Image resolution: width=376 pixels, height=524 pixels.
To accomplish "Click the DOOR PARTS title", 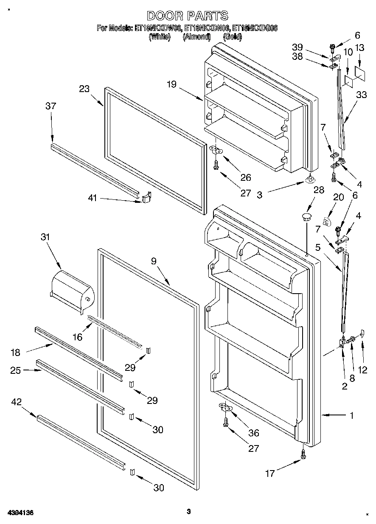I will pos(188,16).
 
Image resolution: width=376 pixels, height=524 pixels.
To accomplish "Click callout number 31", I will pos(45,237).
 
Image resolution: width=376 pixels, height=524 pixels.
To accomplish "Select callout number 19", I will pos(171,84).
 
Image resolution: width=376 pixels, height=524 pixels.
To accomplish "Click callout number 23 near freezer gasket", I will pos(84,89).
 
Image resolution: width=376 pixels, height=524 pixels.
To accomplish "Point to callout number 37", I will pos(51,106).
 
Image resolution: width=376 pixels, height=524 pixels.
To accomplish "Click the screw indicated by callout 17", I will pos(303,454).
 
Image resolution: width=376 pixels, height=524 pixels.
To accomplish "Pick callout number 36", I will pos(253,433).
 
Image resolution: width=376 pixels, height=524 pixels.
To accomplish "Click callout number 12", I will pos(363,370).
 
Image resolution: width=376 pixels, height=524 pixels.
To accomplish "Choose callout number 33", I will pos(362,95).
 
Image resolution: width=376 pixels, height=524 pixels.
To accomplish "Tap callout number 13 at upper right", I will pos(359,48).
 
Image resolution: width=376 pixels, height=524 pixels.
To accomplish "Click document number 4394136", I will pos(20,513).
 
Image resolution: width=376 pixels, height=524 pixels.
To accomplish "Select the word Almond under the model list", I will pos(196,37).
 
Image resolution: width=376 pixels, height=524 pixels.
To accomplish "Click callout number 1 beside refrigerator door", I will pos(351,416).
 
